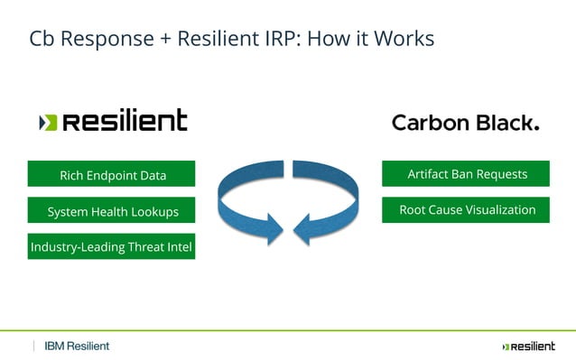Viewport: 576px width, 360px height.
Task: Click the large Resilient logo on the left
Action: pos(114,122)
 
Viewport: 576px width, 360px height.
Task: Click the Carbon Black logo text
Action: pos(465,123)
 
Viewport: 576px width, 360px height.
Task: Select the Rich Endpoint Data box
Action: pos(112,175)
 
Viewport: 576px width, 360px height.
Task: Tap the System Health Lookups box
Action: pos(112,212)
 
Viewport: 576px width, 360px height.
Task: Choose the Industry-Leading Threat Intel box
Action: pos(111,246)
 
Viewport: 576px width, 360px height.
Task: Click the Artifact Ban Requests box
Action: pos(466,174)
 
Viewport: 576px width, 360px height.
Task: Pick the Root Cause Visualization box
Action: pos(466,210)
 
